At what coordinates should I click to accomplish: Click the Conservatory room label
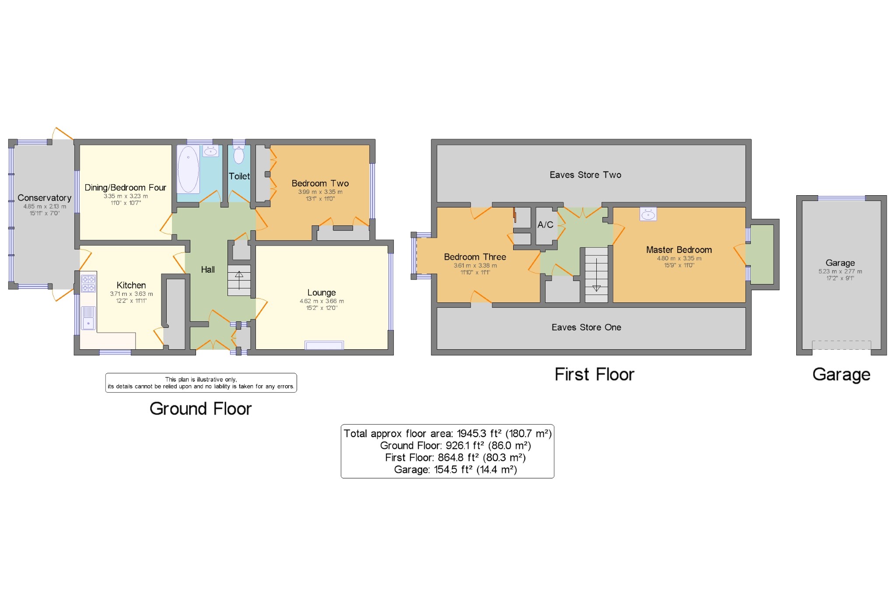(x=44, y=198)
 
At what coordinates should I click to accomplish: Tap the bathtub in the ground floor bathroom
(x=189, y=169)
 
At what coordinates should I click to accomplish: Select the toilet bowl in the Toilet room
(x=239, y=155)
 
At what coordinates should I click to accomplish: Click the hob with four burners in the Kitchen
(x=88, y=283)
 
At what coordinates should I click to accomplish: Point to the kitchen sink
(x=88, y=318)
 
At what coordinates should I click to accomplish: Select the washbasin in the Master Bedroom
(x=648, y=214)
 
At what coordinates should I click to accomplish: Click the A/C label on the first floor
(x=545, y=225)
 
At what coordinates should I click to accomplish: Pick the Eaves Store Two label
(x=585, y=175)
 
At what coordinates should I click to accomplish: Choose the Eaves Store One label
(x=586, y=327)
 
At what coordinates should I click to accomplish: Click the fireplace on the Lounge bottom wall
(x=324, y=345)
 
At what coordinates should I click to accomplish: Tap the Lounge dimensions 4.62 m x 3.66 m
(x=322, y=301)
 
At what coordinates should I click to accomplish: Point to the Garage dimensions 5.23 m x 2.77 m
(x=840, y=271)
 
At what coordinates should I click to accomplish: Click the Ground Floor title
(x=200, y=408)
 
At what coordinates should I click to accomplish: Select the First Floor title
(x=594, y=374)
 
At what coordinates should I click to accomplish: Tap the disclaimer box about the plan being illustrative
(x=201, y=383)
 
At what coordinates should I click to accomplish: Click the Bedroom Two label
(x=320, y=183)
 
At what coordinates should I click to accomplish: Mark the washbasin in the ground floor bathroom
(x=211, y=151)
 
